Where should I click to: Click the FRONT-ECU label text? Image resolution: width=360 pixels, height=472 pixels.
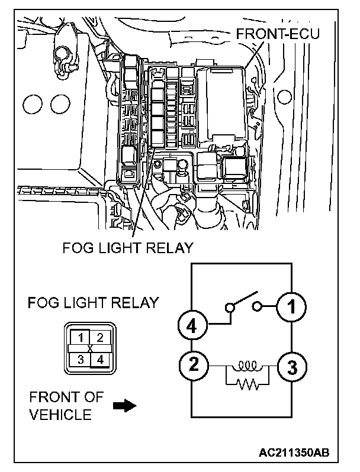[x=277, y=34]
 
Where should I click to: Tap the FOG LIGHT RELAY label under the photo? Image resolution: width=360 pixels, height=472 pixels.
[x=128, y=247]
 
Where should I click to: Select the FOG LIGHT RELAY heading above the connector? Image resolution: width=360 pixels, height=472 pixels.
[x=94, y=303]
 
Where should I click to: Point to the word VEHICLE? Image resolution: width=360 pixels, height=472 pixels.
[x=61, y=414]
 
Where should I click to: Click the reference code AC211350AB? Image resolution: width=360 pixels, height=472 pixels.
[x=294, y=453]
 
